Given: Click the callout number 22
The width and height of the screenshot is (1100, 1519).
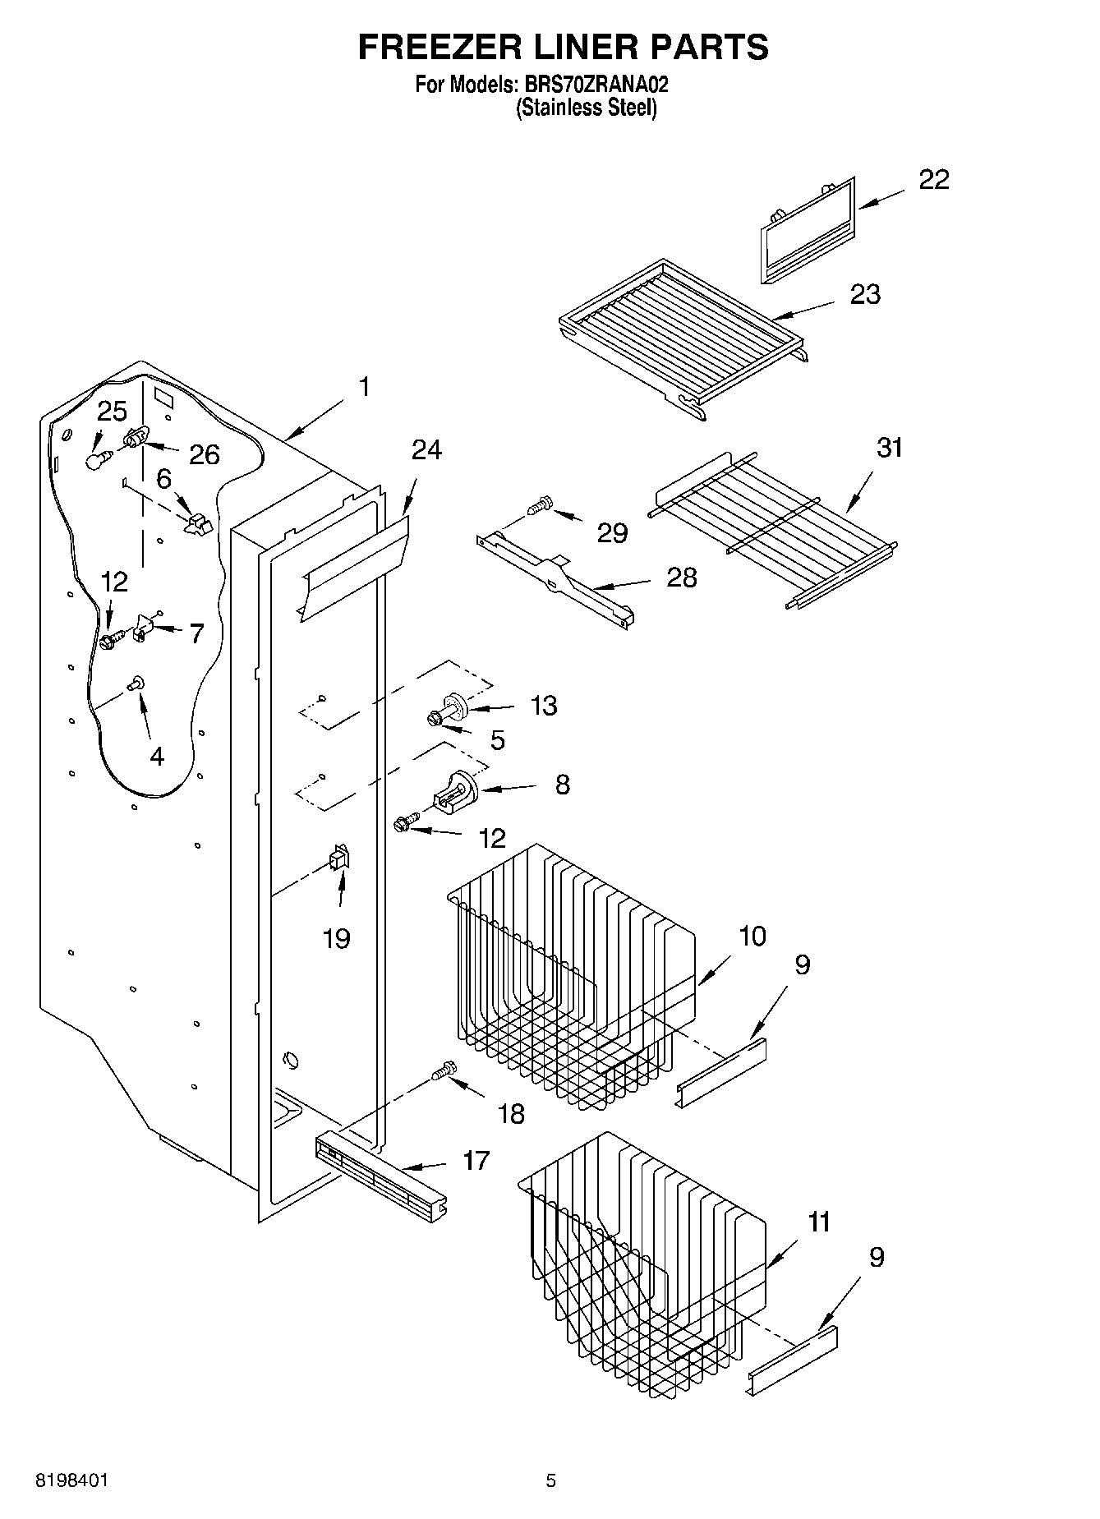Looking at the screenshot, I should pos(933,180).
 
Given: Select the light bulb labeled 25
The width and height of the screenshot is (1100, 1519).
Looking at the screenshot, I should pos(97,458).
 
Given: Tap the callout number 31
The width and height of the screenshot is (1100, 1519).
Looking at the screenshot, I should pos(890,448).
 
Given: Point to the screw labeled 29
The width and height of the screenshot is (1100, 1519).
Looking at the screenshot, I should pos(539,507).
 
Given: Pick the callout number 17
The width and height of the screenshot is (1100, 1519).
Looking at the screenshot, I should pos(476,1160).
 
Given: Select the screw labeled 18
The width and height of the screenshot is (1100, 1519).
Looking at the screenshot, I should pos(442,1072).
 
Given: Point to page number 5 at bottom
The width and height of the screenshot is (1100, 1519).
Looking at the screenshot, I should pos(550,1480).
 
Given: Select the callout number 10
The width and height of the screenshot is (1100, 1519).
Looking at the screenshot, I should pos(753,936).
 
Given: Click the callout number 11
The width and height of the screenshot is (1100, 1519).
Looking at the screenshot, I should pos(818,1222).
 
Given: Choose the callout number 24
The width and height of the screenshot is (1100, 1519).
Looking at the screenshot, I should pos(426,449).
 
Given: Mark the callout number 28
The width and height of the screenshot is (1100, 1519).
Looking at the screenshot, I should pos(681,577).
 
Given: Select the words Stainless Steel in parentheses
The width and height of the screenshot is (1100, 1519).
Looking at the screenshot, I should pos(587,108).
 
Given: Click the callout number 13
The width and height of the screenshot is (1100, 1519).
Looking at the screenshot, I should pos(544,705).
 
